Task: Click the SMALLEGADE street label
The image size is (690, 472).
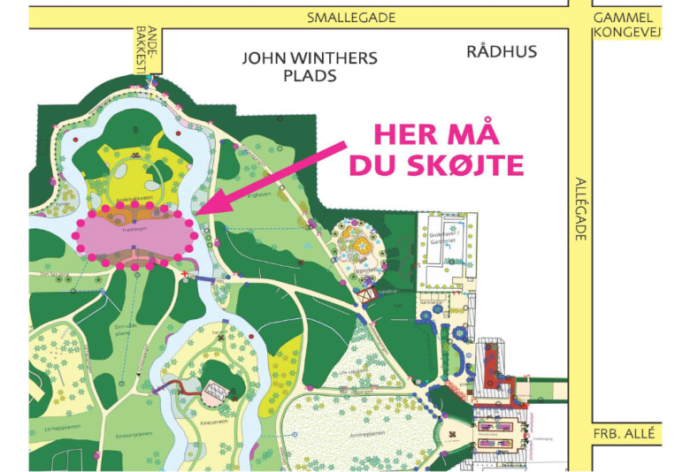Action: pyautogui.click(x=350, y=18)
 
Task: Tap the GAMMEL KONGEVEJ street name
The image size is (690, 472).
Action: pyautogui.click(x=623, y=25)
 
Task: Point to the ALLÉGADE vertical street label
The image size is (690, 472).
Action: pyautogui.click(x=581, y=209)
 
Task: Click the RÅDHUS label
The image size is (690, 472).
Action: pyautogui.click(x=502, y=51)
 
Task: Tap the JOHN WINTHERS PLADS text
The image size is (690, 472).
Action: pyautogui.click(x=310, y=66)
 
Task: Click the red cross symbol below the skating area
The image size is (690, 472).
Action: pyautogui.click(x=184, y=275)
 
